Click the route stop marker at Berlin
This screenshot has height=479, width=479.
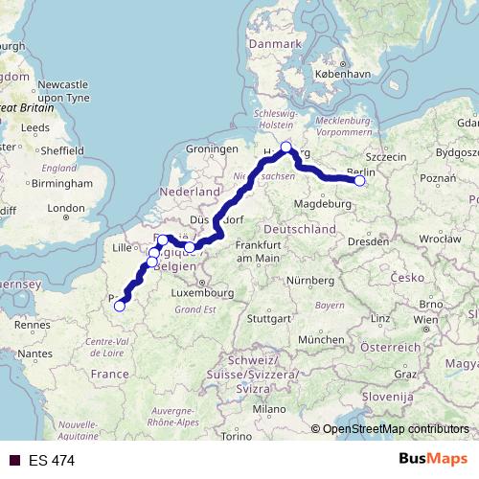(360, 180)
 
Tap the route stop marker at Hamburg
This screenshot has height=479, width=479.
(285, 147)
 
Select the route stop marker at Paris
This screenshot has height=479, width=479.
(119, 307)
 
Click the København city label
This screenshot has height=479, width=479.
(343, 73)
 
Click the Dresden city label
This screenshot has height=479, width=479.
(368, 242)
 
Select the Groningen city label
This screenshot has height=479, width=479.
(212, 149)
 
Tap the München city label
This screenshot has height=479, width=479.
(321, 339)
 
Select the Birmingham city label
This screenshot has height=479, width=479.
(60, 182)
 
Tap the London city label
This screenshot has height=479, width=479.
(66, 208)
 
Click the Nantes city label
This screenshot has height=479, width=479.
(34, 354)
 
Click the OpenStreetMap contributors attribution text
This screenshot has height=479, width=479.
(396, 429)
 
